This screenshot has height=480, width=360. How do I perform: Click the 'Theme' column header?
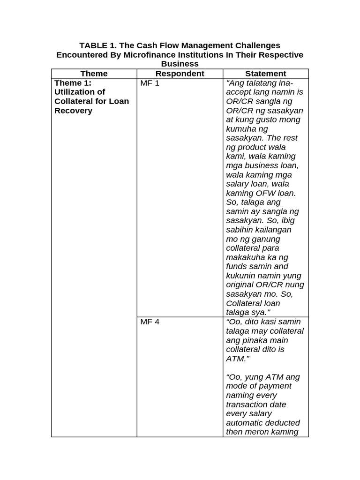click(94, 74)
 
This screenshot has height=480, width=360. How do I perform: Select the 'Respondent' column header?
click(180, 74)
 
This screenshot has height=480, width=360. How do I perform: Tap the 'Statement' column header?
click(265, 74)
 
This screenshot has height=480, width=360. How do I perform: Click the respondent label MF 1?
click(150, 83)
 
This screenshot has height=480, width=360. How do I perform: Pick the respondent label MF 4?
click(150, 322)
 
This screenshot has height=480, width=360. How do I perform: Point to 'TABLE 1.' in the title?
click(97, 45)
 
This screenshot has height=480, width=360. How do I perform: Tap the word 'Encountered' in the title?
click(82, 55)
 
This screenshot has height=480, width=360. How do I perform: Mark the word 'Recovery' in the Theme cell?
click(73, 111)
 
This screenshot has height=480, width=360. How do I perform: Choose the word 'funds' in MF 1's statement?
click(237, 266)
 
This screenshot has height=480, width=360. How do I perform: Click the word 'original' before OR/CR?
click(240, 285)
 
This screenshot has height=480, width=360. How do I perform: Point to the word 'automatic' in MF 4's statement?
click(247, 423)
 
